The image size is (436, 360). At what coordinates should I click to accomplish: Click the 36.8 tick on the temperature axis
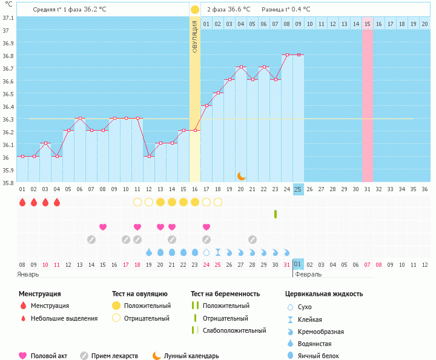8,56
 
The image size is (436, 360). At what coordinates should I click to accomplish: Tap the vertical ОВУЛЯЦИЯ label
194,36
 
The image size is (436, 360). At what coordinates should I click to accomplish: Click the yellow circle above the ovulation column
194,10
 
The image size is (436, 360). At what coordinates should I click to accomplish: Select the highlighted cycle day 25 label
298,189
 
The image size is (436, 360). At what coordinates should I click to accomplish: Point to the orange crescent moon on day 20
241,175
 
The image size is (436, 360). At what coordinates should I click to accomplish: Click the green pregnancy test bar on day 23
276,214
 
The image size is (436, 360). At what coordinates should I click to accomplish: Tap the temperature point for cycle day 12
149,156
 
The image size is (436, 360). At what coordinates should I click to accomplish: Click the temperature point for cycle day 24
286,55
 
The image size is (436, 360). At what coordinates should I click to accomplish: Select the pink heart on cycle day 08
103,227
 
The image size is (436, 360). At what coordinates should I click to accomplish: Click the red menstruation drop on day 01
22,202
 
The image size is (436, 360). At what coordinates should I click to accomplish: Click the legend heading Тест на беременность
225,294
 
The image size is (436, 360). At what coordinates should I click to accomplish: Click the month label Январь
28,274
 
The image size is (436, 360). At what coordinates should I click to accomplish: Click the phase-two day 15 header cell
367,24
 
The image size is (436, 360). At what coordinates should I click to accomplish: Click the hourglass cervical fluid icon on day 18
218,252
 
